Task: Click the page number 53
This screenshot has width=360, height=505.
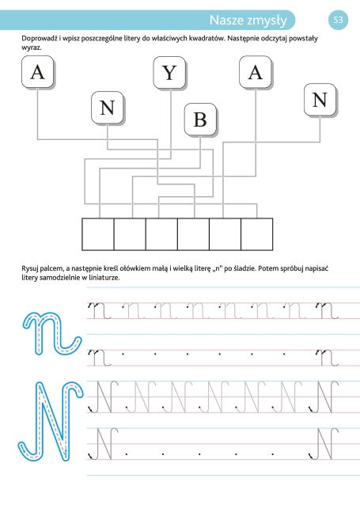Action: coord(338,20)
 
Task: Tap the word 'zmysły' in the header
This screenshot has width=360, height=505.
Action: coord(267,21)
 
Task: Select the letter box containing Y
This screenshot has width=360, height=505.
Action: coord(169,73)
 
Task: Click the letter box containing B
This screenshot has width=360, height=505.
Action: coord(200,120)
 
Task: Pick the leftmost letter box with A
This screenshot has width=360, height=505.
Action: coord(37,72)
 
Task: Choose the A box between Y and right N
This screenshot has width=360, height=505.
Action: coord(256,72)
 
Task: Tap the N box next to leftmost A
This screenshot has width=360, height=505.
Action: coord(108,108)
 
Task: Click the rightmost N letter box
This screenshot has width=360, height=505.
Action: coord(320,100)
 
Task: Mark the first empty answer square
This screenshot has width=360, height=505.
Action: coord(98,234)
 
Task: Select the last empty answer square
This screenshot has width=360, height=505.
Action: coord(256,234)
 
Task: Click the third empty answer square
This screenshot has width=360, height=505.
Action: coord(161,234)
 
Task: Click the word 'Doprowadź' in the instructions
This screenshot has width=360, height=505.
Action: coord(40,39)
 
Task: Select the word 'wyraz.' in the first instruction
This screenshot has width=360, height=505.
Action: coord(31,47)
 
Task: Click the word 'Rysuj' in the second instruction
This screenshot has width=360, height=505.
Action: coord(30,268)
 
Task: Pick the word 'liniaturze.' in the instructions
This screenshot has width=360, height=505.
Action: coord(104,277)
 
